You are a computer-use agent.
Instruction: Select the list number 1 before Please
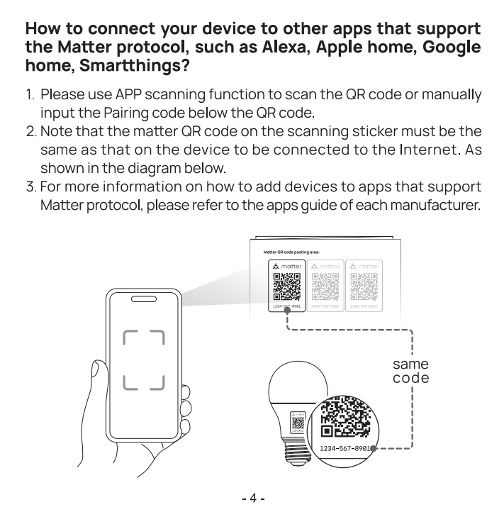[30, 95]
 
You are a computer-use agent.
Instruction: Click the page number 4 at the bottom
[252, 496]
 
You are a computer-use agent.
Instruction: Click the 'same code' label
[410, 372]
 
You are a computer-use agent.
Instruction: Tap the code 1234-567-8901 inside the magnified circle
[346, 448]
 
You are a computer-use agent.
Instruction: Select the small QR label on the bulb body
[297, 421]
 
